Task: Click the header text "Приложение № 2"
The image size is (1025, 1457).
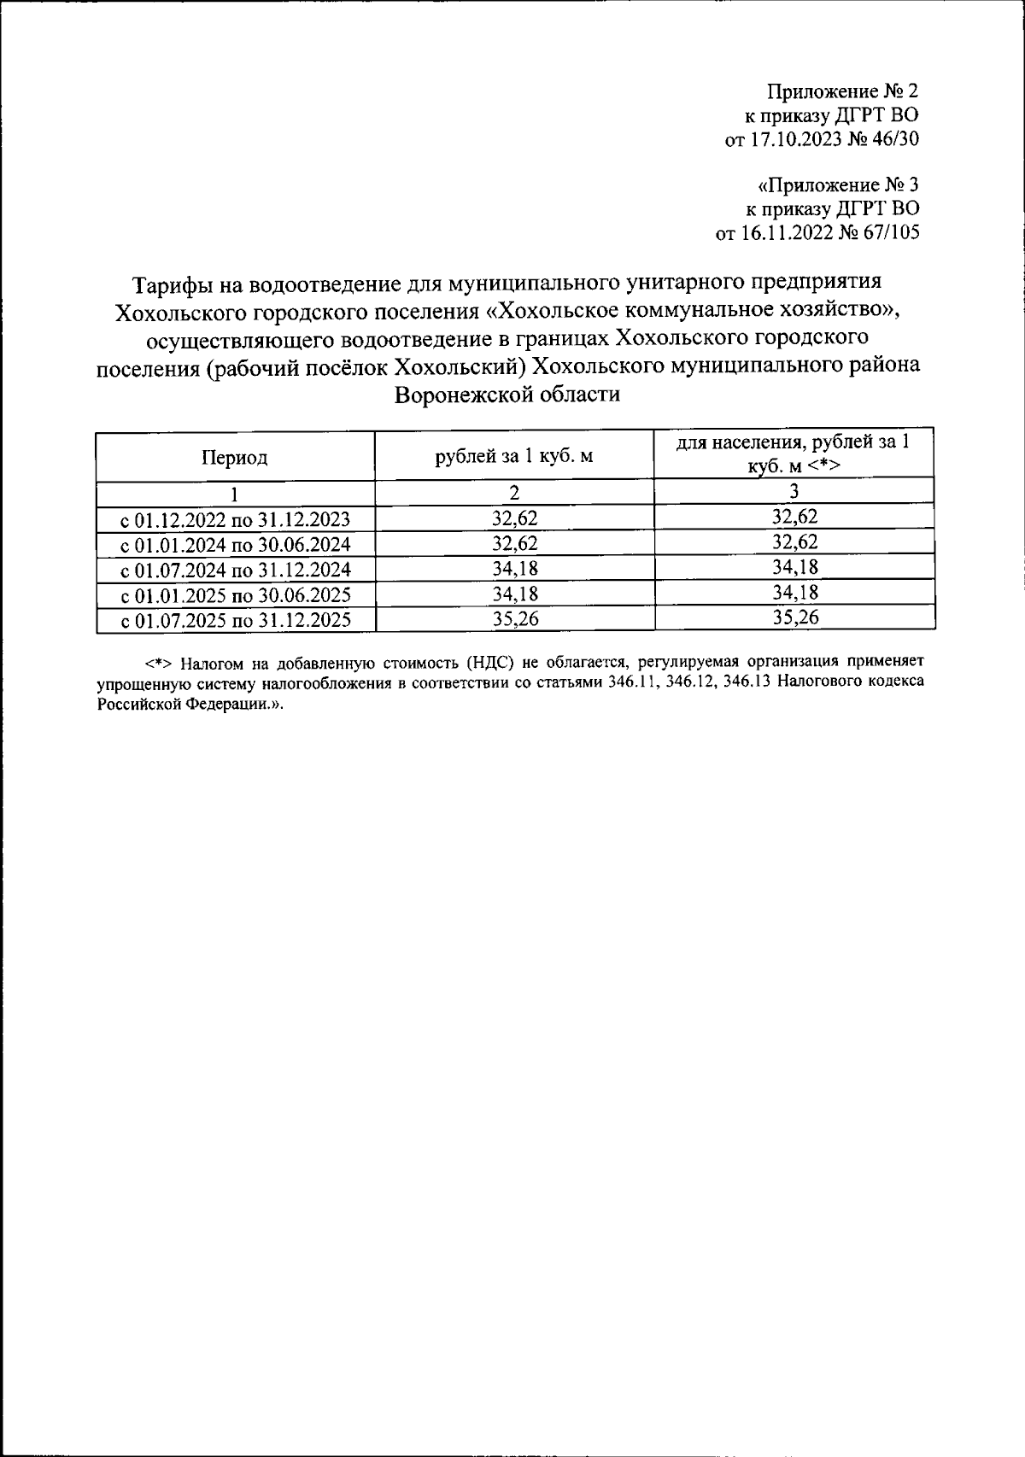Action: click(x=842, y=91)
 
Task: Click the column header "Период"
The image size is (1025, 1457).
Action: click(x=234, y=458)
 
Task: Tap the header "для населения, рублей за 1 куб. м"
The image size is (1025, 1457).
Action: click(x=794, y=453)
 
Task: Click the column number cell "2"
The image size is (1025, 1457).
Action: click(x=514, y=493)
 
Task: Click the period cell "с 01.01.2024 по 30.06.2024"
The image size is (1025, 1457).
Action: click(x=235, y=545)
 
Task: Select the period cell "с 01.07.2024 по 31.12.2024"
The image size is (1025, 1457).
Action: click(x=235, y=570)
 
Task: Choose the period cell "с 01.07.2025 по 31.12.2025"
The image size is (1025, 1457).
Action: click(x=235, y=620)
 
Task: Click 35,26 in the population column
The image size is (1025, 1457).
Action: click(x=795, y=618)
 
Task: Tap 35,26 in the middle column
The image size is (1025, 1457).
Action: click(x=515, y=619)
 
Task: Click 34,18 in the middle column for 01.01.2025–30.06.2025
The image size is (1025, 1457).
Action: click(x=515, y=594)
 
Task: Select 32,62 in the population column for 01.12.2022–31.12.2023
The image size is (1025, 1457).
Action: click(x=795, y=517)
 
